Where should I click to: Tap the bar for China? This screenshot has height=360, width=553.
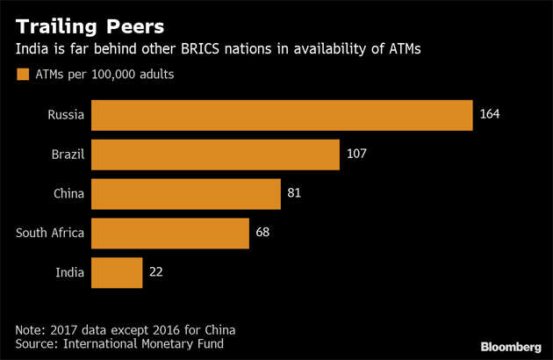click(x=185, y=194)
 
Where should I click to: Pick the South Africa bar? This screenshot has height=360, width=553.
click(x=170, y=233)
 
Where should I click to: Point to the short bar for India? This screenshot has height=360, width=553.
click(x=117, y=272)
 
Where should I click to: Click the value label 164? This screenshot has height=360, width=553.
click(x=490, y=115)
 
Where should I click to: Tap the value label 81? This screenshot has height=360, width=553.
click(x=295, y=194)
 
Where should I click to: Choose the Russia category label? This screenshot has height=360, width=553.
click(x=67, y=115)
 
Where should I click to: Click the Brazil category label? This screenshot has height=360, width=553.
click(x=68, y=155)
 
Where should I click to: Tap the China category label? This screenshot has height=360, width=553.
click(x=68, y=194)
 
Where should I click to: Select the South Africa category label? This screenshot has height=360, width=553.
click(x=50, y=233)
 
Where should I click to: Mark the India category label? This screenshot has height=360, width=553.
click(x=70, y=272)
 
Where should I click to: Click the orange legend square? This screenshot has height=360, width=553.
click(x=20, y=75)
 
